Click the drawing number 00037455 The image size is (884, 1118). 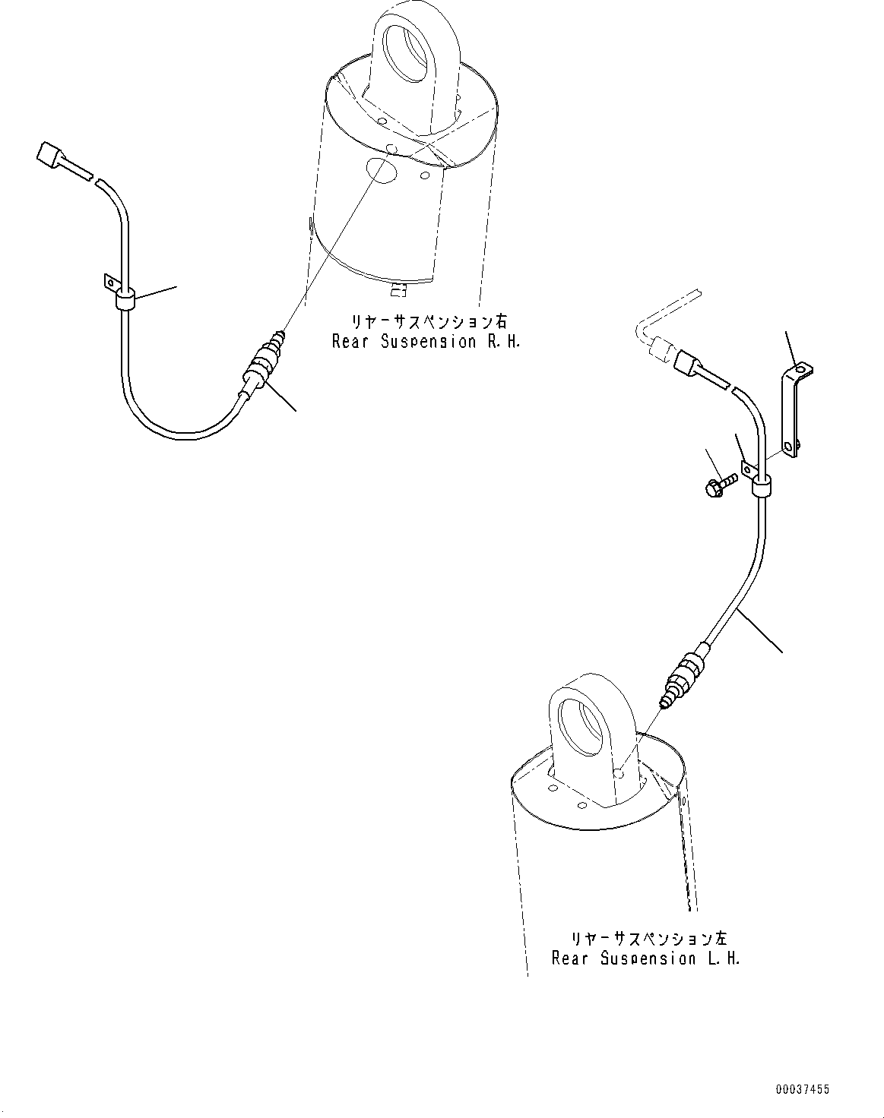point(803,1090)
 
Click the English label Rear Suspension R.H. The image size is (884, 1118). point(426,342)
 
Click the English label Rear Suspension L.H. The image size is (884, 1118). point(645,959)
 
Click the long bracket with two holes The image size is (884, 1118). point(794,410)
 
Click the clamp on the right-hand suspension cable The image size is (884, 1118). point(124,297)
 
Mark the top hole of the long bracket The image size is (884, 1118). point(800,370)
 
